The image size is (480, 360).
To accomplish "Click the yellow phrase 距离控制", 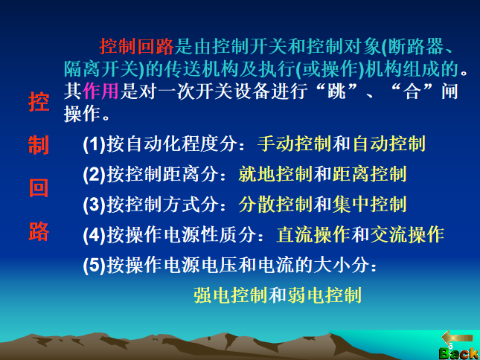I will coord(369,174).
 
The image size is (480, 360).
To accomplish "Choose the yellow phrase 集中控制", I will coord(369,205).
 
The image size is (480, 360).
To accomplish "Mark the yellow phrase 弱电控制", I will coord(324,295).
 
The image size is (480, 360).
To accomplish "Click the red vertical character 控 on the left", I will coord(38,103).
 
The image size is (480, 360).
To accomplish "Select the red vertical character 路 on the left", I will coord(38,231).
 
